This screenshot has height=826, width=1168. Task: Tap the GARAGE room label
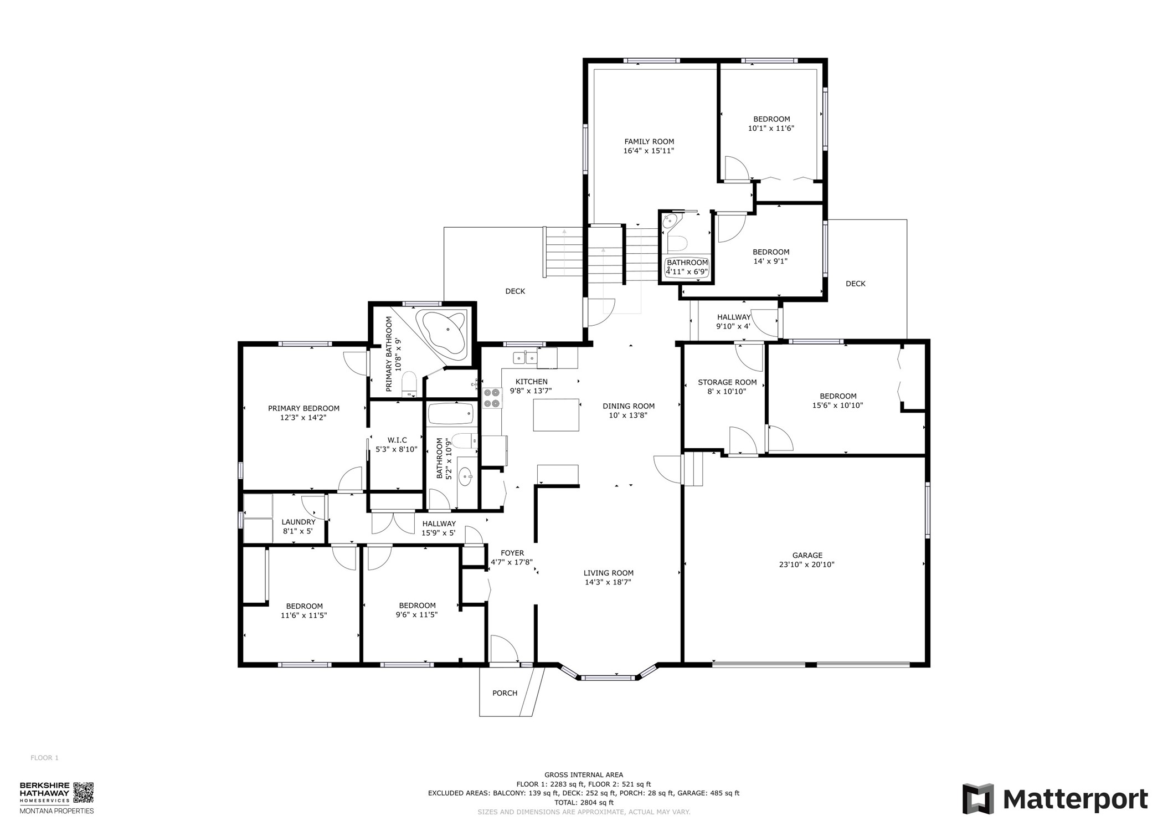pyautogui.click(x=807, y=555)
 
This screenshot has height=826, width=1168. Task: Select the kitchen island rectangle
pyautogui.click(x=556, y=414)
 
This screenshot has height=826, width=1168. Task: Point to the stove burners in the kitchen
pyautogui.click(x=492, y=398)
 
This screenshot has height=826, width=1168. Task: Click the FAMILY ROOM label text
pyautogui.click(x=649, y=141)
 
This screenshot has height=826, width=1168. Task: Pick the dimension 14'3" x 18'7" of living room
pyautogui.click(x=608, y=582)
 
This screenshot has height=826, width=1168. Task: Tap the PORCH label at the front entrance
pyautogui.click(x=505, y=693)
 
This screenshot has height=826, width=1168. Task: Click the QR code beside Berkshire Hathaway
pyautogui.click(x=84, y=792)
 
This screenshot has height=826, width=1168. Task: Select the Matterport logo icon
pyautogui.click(x=978, y=798)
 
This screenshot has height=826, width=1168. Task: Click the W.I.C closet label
pyautogui.click(x=397, y=440)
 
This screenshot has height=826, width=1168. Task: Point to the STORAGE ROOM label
pyautogui.click(x=727, y=382)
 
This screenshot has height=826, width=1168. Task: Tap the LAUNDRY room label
pyautogui.click(x=298, y=522)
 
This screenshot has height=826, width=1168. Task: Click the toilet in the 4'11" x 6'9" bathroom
pyautogui.click(x=677, y=243)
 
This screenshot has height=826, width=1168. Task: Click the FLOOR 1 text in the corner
pyautogui.click(x=44, y=758)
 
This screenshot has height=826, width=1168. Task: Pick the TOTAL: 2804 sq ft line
pyautogui.click(x=583, y=802)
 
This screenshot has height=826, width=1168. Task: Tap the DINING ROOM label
pyautogui.click(x=628, y=406)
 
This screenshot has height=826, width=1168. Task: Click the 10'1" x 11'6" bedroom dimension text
pyautogui.click(x=771, y=128)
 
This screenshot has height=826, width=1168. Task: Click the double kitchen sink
pyautogui.click(x=524, y=358)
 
